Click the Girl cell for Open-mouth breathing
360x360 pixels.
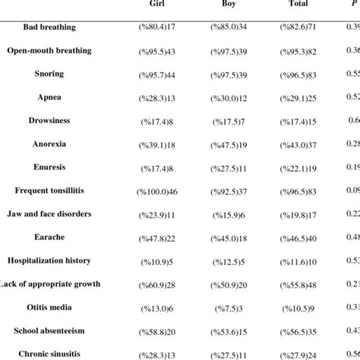158,51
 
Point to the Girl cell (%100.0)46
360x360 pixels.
158,191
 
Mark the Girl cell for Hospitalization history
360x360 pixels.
158,262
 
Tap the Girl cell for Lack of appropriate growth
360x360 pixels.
158,285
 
